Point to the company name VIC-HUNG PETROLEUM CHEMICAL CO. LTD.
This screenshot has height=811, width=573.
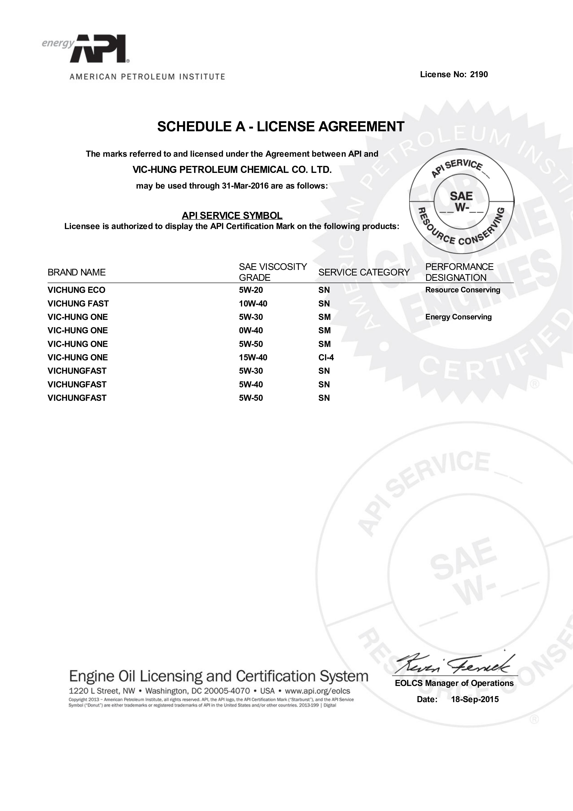click(232, 170)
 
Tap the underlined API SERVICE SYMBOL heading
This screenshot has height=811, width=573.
click(232, 215)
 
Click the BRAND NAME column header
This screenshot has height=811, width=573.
click(77, 272)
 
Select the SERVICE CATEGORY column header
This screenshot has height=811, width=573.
click(364, 272)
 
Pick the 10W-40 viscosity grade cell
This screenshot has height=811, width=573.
click(253, 304)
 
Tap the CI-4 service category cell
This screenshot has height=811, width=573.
click(326, 358)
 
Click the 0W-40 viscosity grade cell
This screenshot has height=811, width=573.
click(251, 331)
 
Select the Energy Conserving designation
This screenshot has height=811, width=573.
click(458, 317)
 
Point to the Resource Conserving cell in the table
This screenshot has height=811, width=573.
click(463, 290)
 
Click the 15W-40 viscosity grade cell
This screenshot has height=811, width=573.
click(253, 358)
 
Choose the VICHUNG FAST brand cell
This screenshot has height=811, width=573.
click(78, 304)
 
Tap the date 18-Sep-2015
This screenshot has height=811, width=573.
click(475, 699)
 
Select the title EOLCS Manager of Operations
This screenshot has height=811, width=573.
click(454, 683)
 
